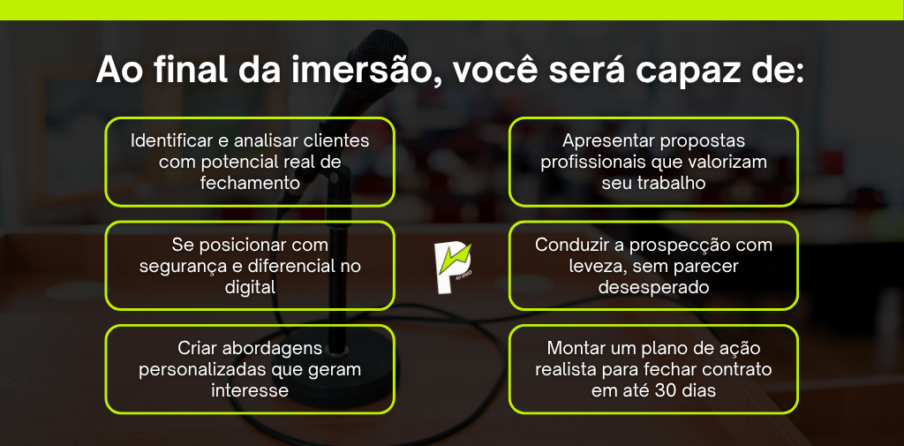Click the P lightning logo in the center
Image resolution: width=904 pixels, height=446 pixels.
pyautogui.click(x=453, y=268)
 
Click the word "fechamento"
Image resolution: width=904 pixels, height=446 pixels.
pyautogui.click(x=250, y=183)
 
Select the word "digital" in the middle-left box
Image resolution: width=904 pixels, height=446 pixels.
pyautogui.click(x=250, y=287)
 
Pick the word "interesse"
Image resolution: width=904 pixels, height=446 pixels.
pyautogui.click(x=250, y=390)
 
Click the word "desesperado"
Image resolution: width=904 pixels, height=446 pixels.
pyautogui.click(x=653, y=287)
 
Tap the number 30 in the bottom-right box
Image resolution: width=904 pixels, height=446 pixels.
pyautogui.click(x=664, y=390)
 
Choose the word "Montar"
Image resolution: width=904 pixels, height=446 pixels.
pyautogui.click(x=574, y=349)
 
